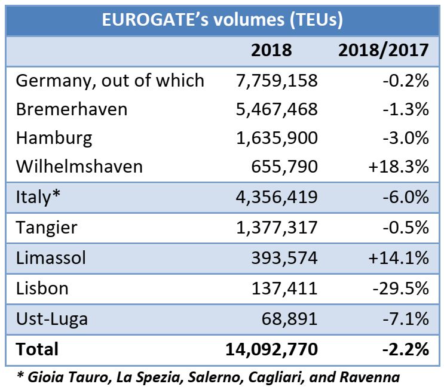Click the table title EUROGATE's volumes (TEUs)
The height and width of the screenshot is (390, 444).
(x=222, y=20)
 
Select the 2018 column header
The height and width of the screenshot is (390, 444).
(x=271, y=50)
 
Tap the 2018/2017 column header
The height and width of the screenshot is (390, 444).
(x=383, y=50)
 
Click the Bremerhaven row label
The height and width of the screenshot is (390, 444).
(x=71, y=109)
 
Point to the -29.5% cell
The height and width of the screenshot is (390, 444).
(x=401, y=288)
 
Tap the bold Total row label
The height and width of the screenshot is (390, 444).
(x=37, y=349)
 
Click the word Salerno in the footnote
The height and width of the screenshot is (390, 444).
(x=194, y=377)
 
